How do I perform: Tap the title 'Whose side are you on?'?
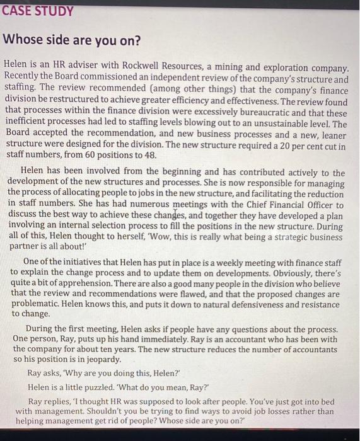coord(72,42)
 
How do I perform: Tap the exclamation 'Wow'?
coord(166,237)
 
